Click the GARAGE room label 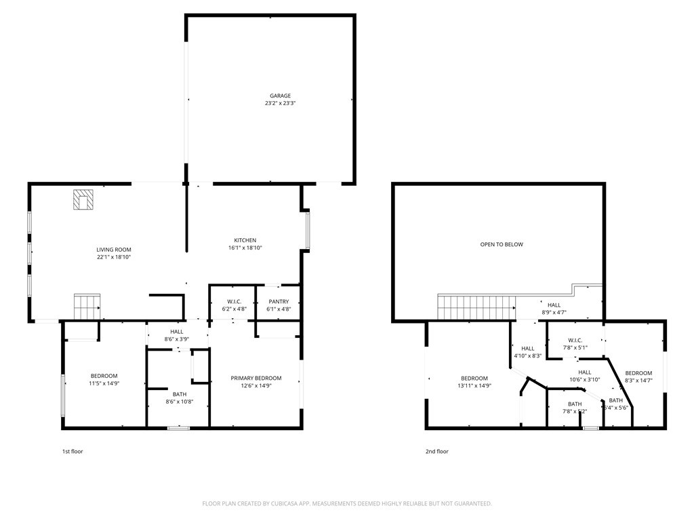(280, 96)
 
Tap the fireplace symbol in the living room (84, 201)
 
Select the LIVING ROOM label (113, 250)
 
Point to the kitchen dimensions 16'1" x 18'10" (245, 248)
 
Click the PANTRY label (278, 302)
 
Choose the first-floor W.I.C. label (234, 302)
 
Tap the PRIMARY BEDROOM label (256, 378)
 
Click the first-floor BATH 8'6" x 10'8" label (180, 394)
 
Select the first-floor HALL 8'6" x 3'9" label (177, 332)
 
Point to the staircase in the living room (87, 307)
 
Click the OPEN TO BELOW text (502, 244)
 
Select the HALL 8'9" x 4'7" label (554, 305)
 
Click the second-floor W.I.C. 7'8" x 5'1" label (575, 341)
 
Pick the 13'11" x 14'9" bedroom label (474, 378)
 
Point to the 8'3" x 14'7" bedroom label (638, 373)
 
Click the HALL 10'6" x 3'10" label (585, 372)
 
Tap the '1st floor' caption (73, 451)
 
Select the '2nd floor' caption (437, 451)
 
